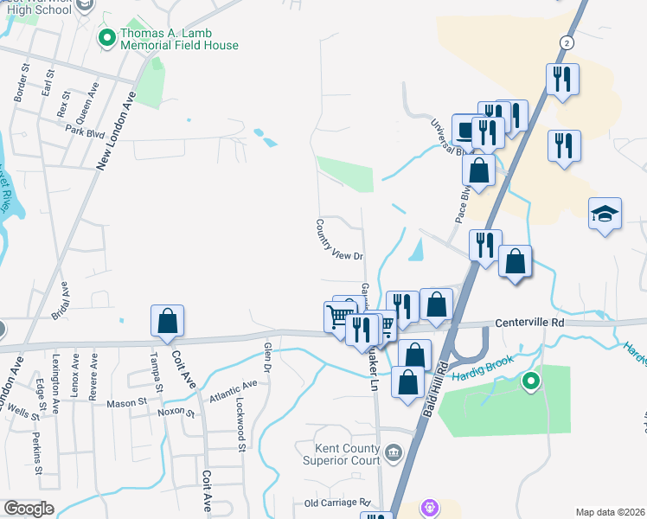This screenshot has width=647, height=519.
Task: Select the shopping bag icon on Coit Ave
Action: click(x=167, y=321)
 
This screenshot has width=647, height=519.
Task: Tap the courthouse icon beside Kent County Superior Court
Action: click(x=394, y=451)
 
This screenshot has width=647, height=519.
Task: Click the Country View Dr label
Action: click(x=338, y=239)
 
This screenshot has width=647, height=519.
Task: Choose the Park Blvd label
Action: click(x=84, y=130)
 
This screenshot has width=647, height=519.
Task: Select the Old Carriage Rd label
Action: click(x=336, y=503)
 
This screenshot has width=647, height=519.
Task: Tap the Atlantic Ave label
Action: click(x=233, y=392)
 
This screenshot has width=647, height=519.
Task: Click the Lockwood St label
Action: click(x=240, y=425)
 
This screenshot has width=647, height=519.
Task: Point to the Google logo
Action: click(x=29, y=509)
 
